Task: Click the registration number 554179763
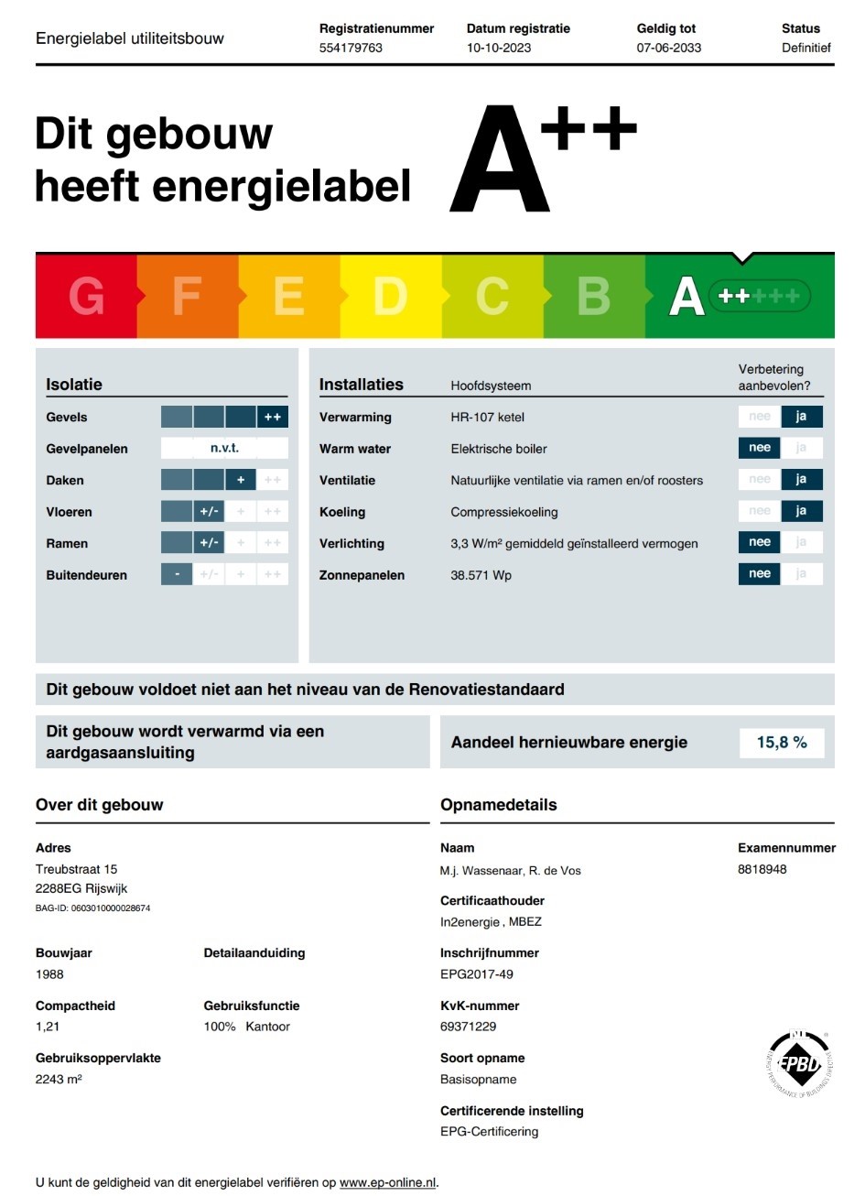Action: click(351, 48)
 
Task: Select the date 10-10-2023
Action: click(499, 48)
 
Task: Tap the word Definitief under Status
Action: click(806, 48)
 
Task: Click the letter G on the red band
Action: click(86, 297)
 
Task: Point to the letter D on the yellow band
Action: click(390, 297)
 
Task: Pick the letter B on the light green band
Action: click(593, 297)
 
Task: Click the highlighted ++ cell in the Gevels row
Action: click(273, 417)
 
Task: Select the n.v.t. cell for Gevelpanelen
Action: click(224, 448)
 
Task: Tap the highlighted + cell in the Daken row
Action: click(241, 480)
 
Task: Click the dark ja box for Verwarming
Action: click(801, 417)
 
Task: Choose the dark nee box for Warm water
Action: click(760, 448)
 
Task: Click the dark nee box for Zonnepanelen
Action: click(760, 574)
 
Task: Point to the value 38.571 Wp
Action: click(481, 575)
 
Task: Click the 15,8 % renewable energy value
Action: click(782, 743)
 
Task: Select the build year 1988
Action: click(49, 974)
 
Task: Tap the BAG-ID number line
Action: click(92, 908)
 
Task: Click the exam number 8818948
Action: click(762, 869)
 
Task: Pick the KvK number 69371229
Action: click(468, 1027)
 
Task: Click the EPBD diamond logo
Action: click(799, 1064)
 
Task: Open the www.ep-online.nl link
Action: click(388, 1182)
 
